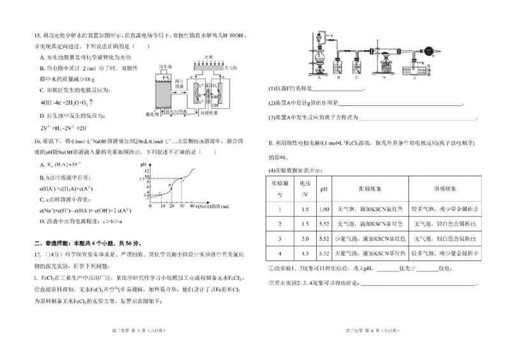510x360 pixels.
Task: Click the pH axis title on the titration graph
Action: click(143, 164)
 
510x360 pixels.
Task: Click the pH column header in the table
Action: click(324, 190)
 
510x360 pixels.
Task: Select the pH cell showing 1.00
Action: click(324, 208)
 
